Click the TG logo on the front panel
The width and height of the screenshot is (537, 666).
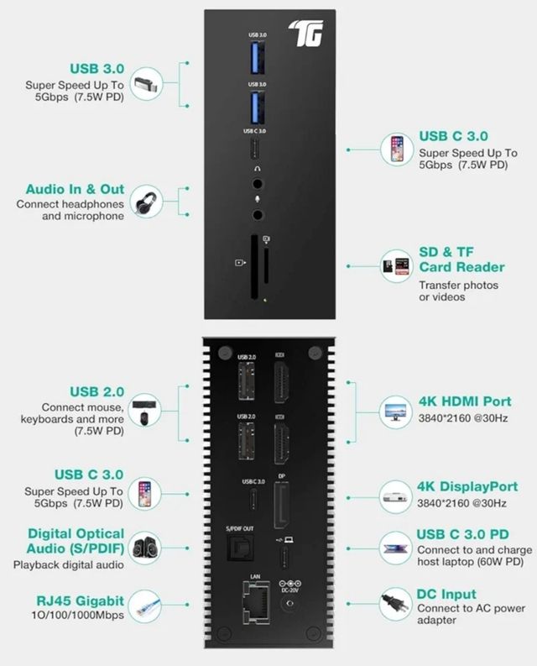[x=305, y=32]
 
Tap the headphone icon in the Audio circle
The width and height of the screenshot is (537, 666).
[x=145, y=202]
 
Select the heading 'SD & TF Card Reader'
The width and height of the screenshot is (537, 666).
[x=461, y=260]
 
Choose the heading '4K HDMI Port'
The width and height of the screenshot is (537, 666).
[x=464, y=400]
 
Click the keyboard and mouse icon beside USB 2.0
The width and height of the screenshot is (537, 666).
[x=145, y=409]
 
